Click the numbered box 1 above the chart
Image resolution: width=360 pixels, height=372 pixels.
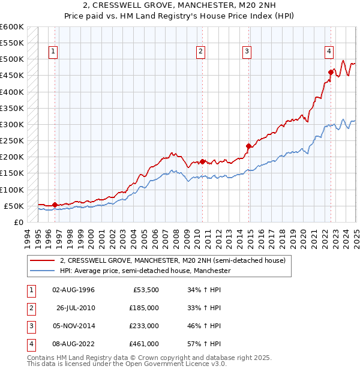53,52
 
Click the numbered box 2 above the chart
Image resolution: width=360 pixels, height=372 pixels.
200,52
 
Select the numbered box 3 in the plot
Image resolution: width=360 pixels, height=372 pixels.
247,52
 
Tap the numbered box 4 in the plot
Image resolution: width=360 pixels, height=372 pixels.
329,52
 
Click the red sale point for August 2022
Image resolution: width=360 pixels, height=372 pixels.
331,72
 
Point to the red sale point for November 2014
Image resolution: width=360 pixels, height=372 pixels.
248,146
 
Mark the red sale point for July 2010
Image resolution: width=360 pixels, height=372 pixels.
202,161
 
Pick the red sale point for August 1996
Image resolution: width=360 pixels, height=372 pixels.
55,205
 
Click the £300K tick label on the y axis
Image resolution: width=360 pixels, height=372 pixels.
11,124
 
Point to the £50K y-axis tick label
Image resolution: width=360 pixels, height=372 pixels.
14,206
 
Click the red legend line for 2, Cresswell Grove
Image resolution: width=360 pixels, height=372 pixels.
43,261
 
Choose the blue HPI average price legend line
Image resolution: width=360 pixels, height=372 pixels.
43,271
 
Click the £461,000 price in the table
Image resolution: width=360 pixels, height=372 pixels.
144,344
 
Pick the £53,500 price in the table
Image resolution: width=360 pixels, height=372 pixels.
146,290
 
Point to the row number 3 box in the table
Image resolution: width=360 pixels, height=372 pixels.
30,326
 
